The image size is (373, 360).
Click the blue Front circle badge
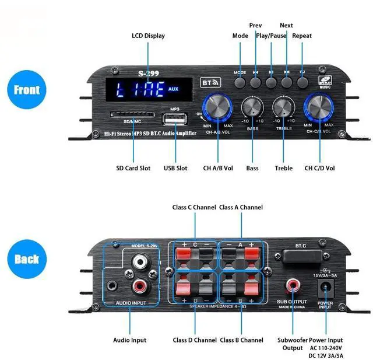(x=26, y=91)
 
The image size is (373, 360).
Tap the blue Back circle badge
(x=26, y=259)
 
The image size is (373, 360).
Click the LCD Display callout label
(x=148, y=36)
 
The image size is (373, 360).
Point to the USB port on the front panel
(x=174, y=120)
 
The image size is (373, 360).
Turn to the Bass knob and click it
(x=252, y=107)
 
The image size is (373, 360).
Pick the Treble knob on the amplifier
(x=284, y=107)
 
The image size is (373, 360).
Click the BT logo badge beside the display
(x=209, y=83)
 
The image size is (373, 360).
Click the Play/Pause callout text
(x=271, y=36)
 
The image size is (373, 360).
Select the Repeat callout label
(x=302, y=36)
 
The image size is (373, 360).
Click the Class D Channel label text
(x=194, y=340)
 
